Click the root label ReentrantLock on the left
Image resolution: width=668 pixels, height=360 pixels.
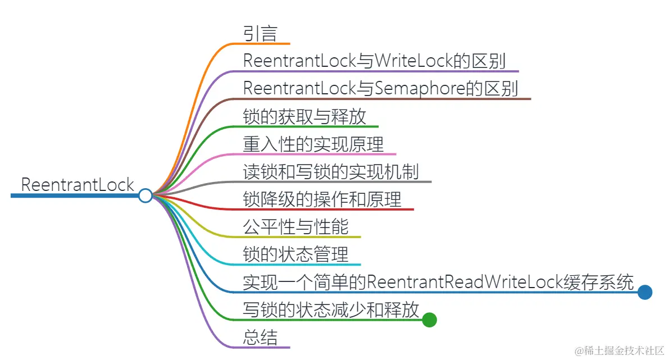[78, 184]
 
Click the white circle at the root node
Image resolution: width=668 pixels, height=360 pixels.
[146, 195]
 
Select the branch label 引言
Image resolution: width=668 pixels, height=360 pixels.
[260, 33]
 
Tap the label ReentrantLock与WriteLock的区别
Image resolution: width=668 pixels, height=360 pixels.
[374, 61]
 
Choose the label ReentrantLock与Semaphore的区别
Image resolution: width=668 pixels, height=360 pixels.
[380, 89]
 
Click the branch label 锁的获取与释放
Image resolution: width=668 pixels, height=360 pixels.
[305, 116]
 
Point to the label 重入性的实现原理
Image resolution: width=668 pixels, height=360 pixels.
[313, 144]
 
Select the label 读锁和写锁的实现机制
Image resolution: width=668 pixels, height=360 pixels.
[331, 171]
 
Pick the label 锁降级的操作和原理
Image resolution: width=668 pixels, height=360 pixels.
[322, 199]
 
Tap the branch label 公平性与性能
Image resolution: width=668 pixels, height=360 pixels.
[296, 227]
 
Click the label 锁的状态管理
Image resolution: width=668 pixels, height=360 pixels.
[296, 254]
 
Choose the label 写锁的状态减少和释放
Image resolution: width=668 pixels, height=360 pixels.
[331, 309]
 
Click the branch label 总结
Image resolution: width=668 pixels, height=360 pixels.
[260, 337]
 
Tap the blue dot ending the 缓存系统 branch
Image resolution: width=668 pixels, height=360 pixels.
[645, 292]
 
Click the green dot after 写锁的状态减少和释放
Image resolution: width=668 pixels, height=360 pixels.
[429, 320]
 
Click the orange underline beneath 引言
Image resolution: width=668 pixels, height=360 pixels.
[264, 43]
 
